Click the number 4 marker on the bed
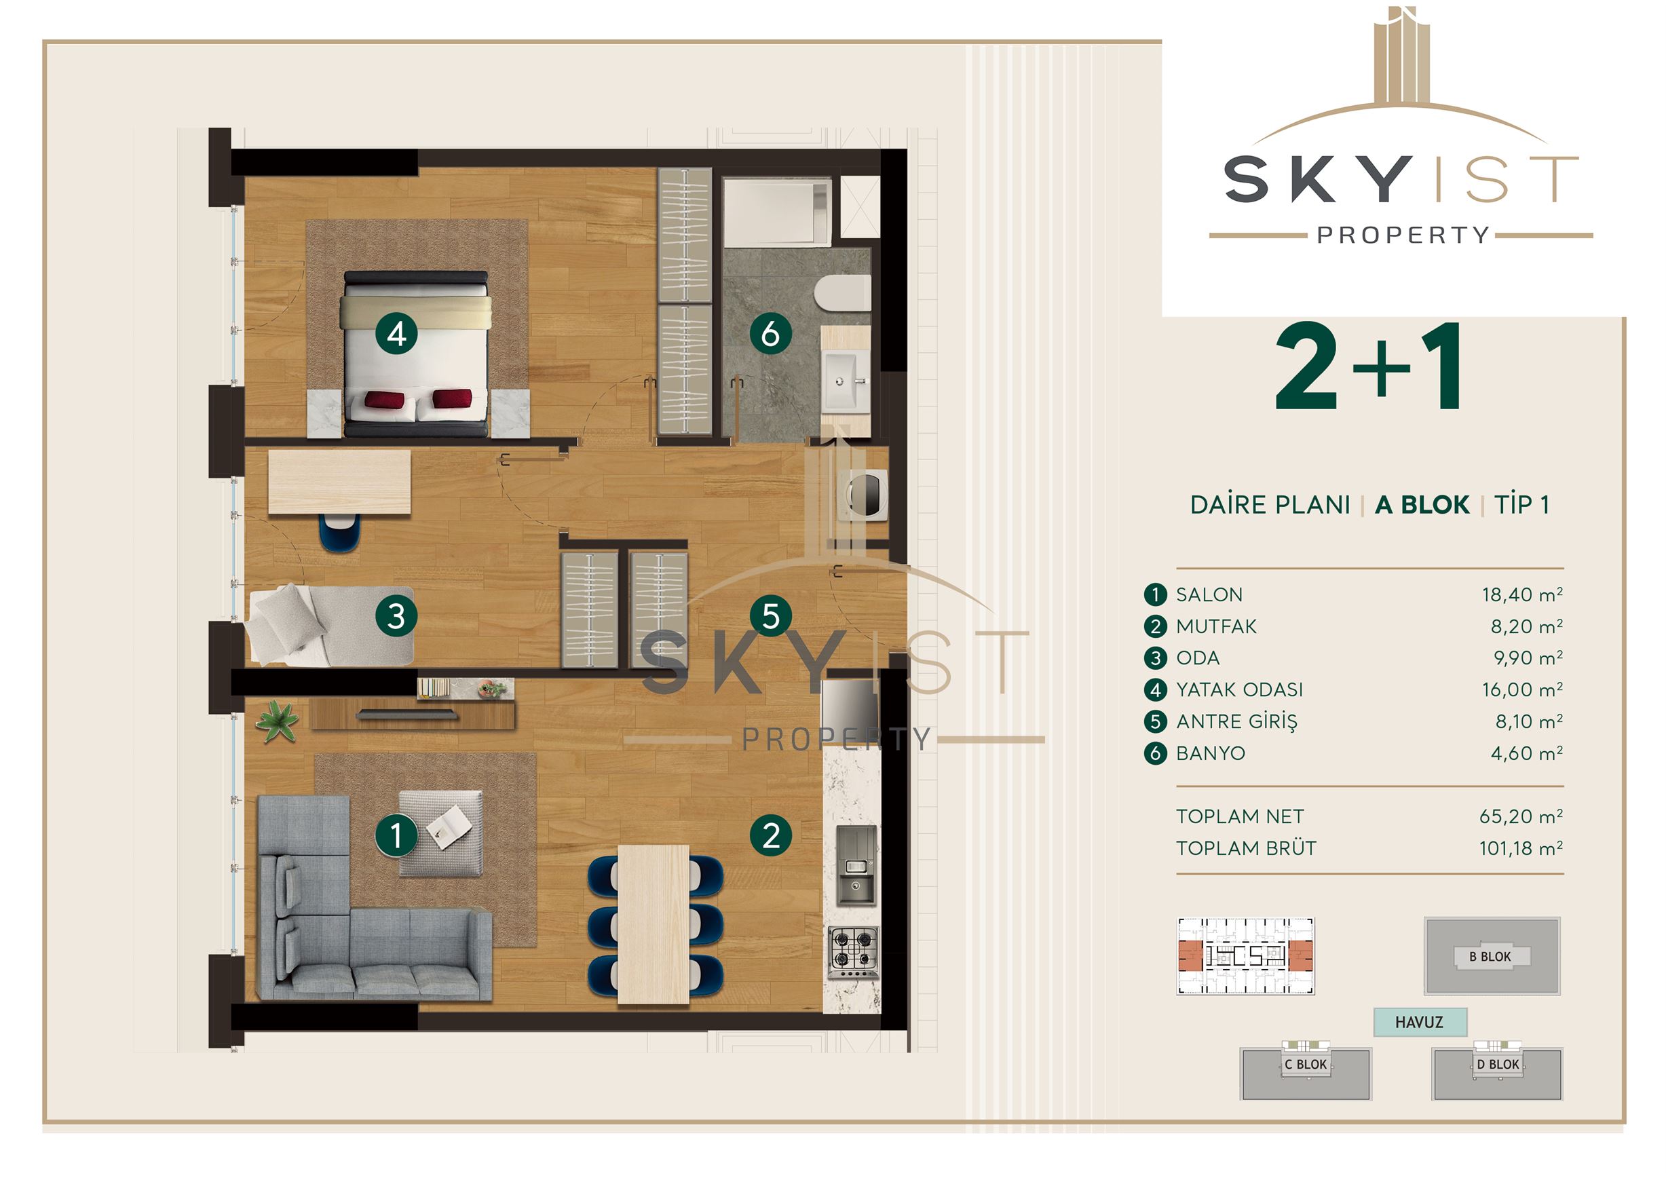click(x=396, y=334)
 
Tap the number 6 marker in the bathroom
click(x=771, y=334)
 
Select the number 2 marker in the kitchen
click(x=771, y=835)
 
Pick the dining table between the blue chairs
click(x=653, y=924)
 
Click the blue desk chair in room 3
click(x=339, y=533)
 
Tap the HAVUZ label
click(x=1419, y=1022)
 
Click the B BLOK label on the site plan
click(x=1490, y=957)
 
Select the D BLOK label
click(x=1498, y=1064)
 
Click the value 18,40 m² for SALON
click(x=1522, y=595)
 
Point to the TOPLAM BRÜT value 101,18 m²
click(x=1521, y=848)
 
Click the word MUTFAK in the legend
click(x=1216, y=627)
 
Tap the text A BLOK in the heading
click(x=1422, y=505)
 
